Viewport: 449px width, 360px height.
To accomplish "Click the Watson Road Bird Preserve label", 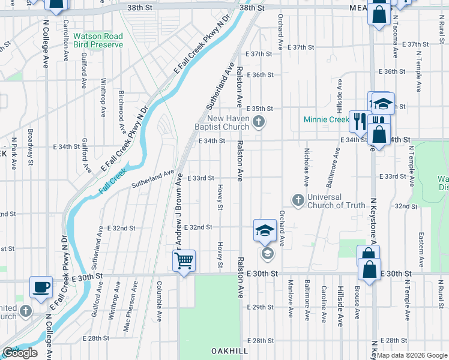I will tap(98, 40).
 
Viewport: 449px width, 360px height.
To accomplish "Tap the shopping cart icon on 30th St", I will tap(184, 261).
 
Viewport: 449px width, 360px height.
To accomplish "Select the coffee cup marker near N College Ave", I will tap(41, 287).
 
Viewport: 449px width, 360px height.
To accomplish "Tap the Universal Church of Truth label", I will tap(336, 201).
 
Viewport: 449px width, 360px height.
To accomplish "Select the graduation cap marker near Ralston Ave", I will tap(265, 230).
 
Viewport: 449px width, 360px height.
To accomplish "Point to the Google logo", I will tap(20, 353).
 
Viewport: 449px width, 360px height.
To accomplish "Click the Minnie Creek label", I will tap(326, 119).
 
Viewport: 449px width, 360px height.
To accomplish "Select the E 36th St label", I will tap(259, 75).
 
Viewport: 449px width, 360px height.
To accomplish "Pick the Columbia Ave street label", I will tap(160, 302).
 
